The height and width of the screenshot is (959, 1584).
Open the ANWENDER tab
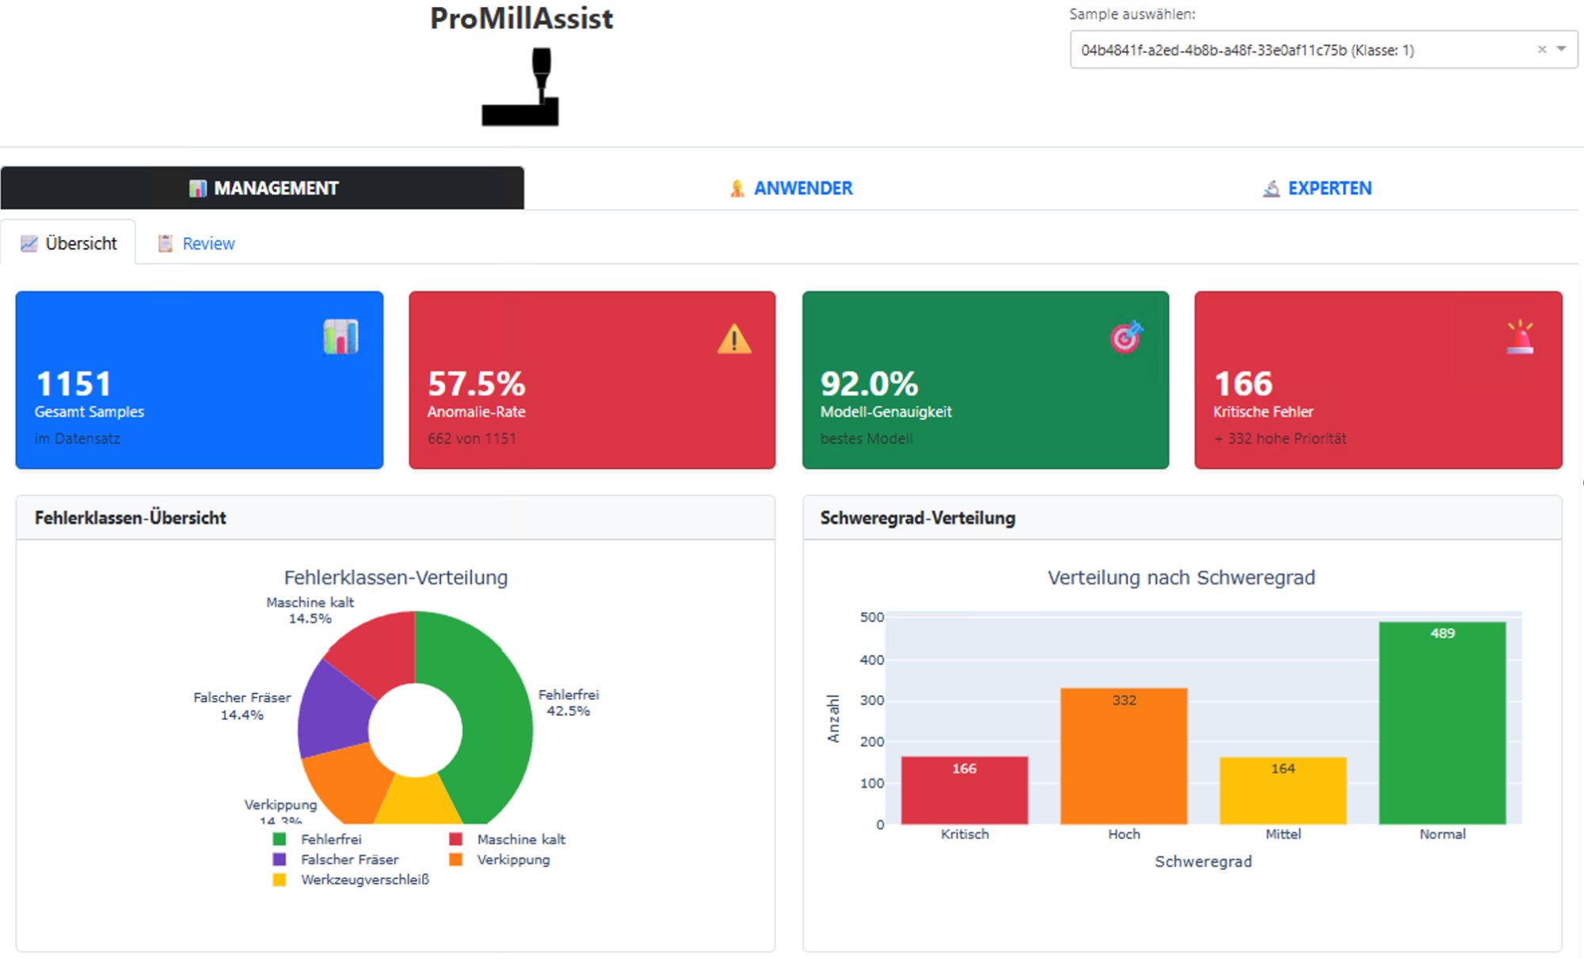(x=791, y=188)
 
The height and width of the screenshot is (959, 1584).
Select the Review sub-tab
(x=197, y=244)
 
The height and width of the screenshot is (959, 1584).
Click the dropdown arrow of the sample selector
(x=1561, y=49)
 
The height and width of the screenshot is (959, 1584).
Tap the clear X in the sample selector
(x=1541, y=49)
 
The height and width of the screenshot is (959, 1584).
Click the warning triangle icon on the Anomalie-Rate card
(x=734, y=339)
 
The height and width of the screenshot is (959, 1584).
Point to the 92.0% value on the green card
(x=869, y=384)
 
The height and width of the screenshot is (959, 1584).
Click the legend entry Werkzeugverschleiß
(x=364, y=880)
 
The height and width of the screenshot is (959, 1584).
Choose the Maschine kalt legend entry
(x=520, y=839)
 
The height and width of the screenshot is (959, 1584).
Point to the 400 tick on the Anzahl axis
(x=871, y=660)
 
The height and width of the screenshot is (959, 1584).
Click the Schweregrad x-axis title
(x=1202, y=862)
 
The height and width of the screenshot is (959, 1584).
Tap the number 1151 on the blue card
(x=74, y=384)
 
